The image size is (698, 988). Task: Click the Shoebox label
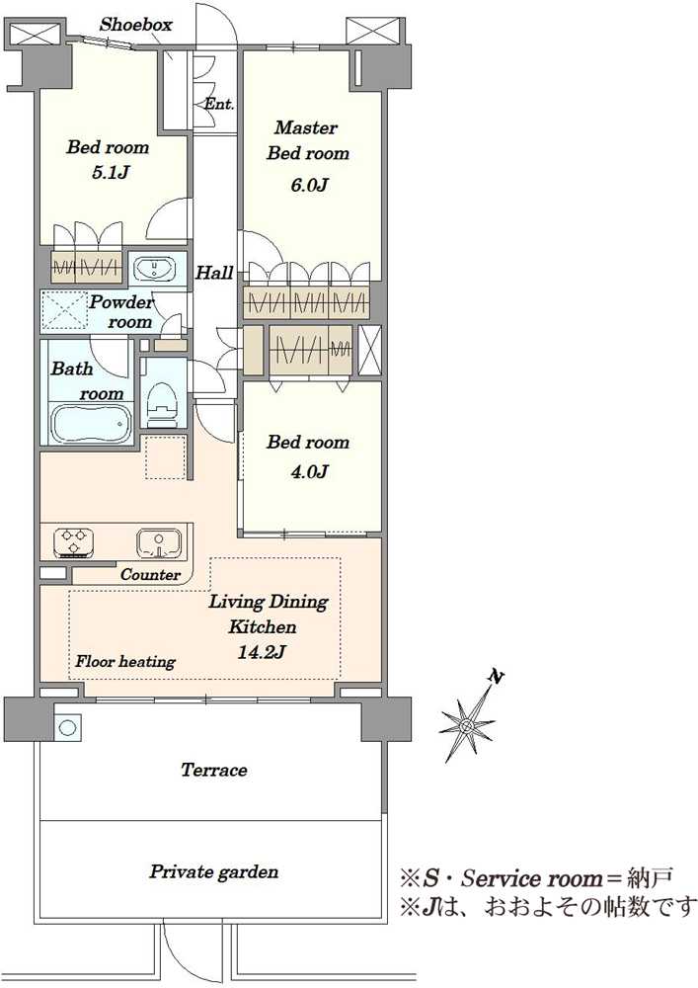tap(136, 25)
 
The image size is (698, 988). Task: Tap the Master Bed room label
tap(308, 140)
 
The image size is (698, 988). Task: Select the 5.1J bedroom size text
tap(111, 172)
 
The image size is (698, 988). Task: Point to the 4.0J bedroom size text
tap(308, 471)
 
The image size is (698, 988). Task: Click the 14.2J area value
tap(262, 651)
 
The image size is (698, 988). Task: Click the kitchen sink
tap(159, 543)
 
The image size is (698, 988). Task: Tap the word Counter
tap(150, 575)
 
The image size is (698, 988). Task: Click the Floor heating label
tap(125, 661)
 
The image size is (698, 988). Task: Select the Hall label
tap(214, 273)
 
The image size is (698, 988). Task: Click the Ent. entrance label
tap(219, 104)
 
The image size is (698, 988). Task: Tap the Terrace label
tap(214, 770)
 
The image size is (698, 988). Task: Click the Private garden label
tap(214, 872)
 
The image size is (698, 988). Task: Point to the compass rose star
tap(468, 726)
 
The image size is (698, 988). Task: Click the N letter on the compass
tap(497, 678)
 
